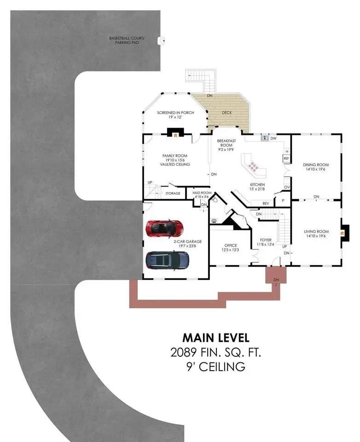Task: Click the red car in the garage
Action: [165, 228]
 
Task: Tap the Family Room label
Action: [175, 160]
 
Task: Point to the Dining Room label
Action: [316, 167]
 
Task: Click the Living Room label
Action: [316, 234]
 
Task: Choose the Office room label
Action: [231, 248]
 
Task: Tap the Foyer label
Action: [266, 242]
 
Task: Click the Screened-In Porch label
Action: [175, 115]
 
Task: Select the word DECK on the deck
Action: [227, 112]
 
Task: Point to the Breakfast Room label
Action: [226, 145]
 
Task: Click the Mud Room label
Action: [202, 194]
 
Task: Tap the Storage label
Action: [173, 193]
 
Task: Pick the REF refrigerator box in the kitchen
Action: [286, 158]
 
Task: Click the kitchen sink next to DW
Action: [264, 138]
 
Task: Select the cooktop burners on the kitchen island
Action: [253, 167]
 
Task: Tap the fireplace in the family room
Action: [175, 133]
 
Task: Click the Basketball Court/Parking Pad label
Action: [127, 41]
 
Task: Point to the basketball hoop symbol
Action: [161, 41]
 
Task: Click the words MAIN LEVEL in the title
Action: [216, 337]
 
